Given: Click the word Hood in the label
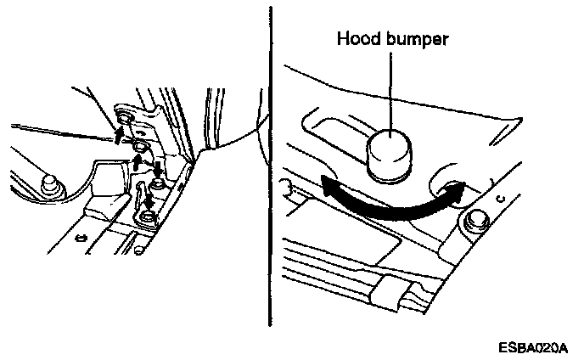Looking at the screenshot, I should click(357, 39).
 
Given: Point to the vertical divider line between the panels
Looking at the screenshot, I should click(270, 170).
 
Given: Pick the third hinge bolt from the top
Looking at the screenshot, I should click(158, 183).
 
